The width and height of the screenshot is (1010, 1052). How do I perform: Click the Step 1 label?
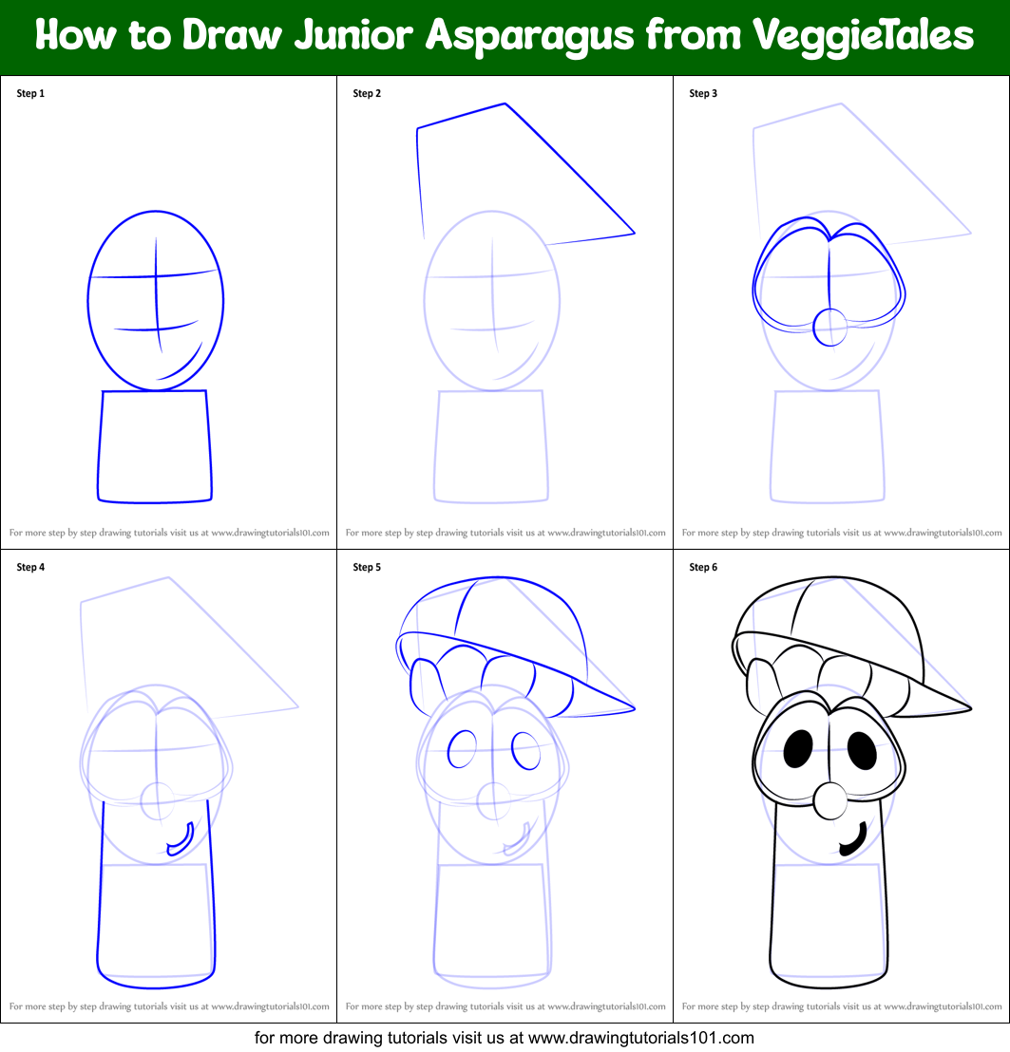(30, 93)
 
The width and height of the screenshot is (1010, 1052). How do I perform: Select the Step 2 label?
(367, 93)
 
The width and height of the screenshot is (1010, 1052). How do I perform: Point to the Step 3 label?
(703, 93)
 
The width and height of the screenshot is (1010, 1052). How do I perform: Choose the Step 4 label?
(30, 567)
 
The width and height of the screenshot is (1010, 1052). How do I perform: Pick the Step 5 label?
(367, 567)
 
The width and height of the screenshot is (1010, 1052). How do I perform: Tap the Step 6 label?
(703, 567)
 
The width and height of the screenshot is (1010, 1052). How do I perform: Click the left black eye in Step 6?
(798, 749)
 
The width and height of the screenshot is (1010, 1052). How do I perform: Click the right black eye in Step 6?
(863, 751)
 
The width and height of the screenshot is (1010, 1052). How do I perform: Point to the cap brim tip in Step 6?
(968, 707)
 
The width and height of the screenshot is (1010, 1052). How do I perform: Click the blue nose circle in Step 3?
(830, 327)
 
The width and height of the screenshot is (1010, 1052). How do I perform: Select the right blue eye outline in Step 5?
(525, 751)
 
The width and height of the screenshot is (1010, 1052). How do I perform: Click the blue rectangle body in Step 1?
(155, 445)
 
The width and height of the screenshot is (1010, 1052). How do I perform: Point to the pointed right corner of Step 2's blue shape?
(633, 233)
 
